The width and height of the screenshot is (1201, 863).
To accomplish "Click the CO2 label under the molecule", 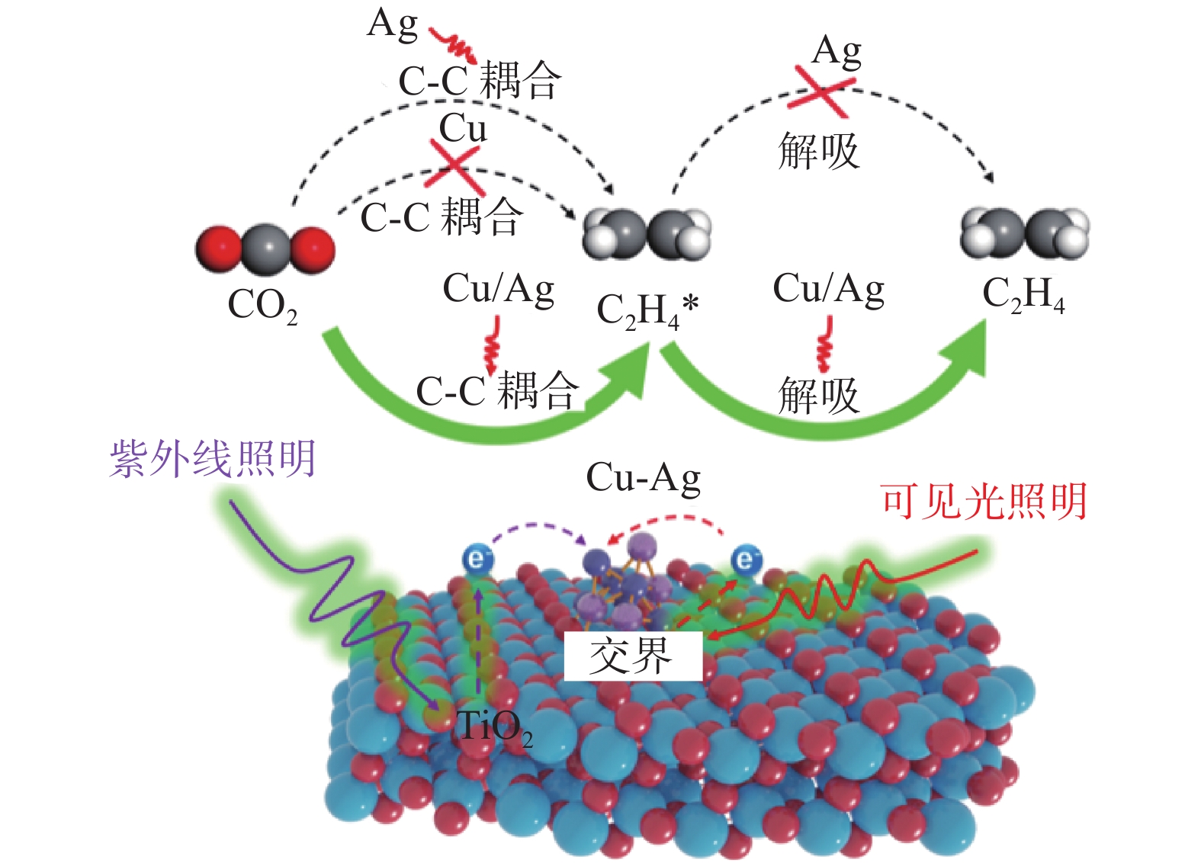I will (262, 306).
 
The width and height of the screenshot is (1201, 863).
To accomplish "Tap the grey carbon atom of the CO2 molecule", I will (265, 248).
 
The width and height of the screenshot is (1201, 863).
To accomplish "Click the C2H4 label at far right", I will (1023, 294).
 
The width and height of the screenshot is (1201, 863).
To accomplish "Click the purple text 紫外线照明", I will (213, 459).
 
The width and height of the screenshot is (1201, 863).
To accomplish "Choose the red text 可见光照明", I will (984, 502).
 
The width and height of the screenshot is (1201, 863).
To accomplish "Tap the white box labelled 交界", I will (632, 656).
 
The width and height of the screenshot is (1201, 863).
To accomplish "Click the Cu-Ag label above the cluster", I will (643, 478).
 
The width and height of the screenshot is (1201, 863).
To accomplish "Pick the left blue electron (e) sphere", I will (477, 560).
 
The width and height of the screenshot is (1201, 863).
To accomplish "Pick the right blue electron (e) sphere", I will (746, 560).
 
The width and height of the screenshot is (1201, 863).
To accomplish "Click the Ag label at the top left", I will (392, 24).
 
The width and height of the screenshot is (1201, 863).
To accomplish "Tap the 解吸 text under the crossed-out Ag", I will (818, 150).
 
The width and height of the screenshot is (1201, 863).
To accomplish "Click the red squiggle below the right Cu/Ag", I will (825, 345).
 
